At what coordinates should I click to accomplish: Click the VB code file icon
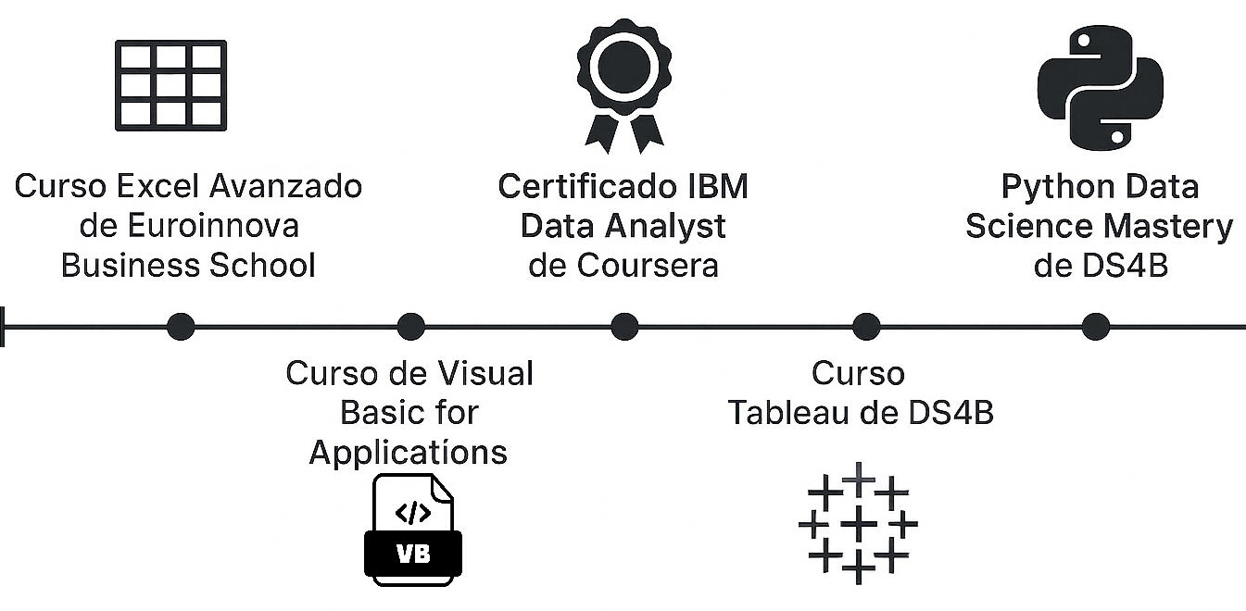tap(412, 530)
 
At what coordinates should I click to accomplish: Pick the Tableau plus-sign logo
tap(858, 523)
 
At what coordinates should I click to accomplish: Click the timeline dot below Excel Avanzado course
tap(180, 327)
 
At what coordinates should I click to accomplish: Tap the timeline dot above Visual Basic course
tap(410, 327)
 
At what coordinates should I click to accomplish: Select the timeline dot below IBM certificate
tap(624, 327)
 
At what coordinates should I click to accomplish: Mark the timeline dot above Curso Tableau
tap(865, 327)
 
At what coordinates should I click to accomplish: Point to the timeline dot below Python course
tap(1096, 327)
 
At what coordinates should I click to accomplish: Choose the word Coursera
tap(648, 266)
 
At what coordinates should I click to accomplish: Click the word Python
tap(1057, 187)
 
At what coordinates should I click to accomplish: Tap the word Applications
tap(409, 452)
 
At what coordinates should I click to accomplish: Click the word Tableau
tap(788, 413)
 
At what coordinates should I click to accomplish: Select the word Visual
tap(486, 373)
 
